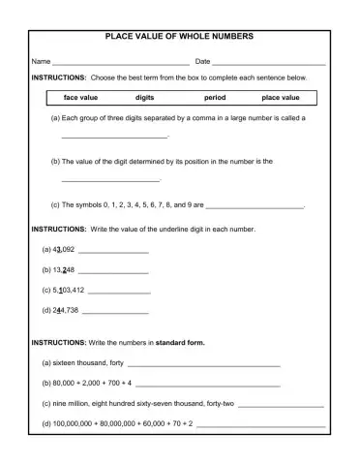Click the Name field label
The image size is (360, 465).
(x=41, y=61)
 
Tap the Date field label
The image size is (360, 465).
(x=203, y=61)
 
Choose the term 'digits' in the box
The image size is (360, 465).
(x=145, y=98)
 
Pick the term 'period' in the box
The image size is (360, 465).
(x=215, y=98)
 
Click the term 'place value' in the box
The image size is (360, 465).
(x=281, y=98)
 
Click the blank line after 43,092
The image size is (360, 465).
(x=113, y=251)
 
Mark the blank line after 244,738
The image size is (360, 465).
(x=116, y=312)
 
